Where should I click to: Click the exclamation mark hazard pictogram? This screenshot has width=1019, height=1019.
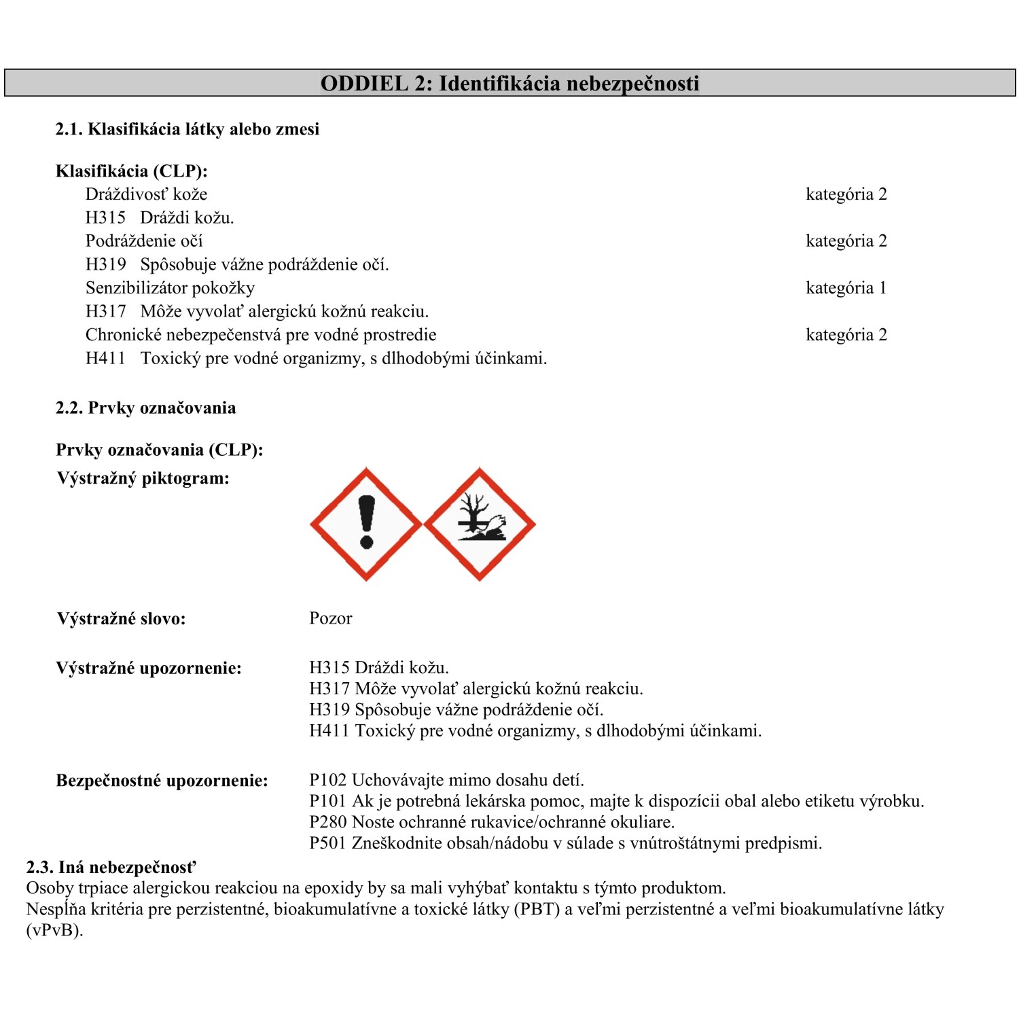(x=366, y=524)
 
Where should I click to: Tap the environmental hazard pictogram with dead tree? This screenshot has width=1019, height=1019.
(x=480, y=524)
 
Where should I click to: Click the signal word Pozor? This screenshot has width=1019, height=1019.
(x=331, y=618)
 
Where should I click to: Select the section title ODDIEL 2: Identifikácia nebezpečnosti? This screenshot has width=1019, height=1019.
(x=509, y=84)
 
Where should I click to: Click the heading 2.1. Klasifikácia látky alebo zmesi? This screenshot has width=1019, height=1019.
(x=187, y=129)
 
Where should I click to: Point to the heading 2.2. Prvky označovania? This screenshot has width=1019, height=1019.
(x=146, y=408)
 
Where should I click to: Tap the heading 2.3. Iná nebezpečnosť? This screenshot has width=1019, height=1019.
(x=111, y=868)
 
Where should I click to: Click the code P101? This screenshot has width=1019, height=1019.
(x=327, y=801)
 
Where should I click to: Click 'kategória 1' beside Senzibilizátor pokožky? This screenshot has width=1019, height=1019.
(x=846, y=288)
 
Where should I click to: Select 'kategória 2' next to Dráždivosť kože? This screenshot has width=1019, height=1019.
(x=846, y=194)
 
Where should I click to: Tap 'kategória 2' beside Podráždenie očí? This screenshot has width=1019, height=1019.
(x=846, y=241)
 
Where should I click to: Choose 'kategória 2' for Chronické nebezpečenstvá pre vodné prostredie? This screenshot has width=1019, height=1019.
(x=846, y=335)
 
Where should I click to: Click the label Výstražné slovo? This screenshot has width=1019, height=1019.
(x=121, y=619)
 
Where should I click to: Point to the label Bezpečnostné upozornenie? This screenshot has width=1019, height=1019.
(x=162, y=781)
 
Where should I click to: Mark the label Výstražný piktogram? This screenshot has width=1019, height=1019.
(x=143, y=478)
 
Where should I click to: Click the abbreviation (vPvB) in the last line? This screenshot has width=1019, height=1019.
(x=54, y=930)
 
